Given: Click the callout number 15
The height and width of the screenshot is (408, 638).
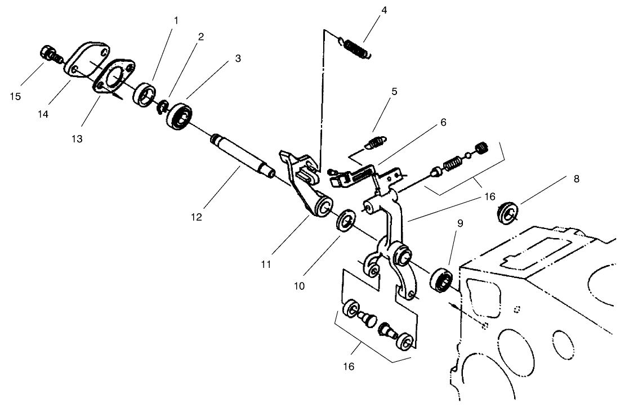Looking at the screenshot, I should point(15,96).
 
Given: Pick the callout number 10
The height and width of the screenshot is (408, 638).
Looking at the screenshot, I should point(299,286).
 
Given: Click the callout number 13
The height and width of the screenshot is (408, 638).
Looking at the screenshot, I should point(77,139).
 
